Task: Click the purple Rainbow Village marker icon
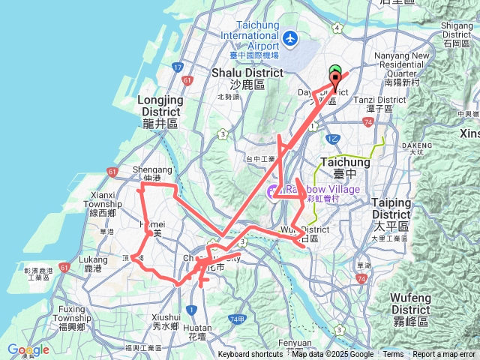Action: coord(273,194)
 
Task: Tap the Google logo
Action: coord(28,349)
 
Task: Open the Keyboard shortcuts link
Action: coord(250,355)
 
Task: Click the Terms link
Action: coord(393,355)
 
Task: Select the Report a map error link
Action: coord(445,355)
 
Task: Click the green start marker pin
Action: coord(335,71)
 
